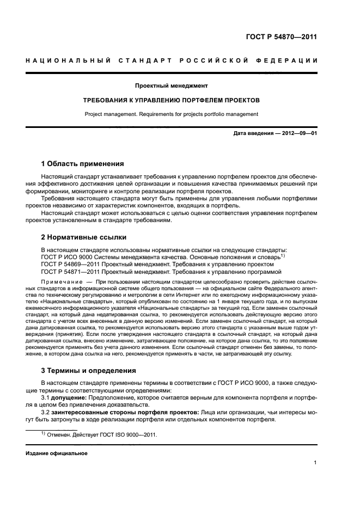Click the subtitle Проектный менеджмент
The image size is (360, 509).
[x=171, y=85]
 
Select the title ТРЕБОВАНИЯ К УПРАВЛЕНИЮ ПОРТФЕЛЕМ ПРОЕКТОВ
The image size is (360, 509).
[x=171, y=100]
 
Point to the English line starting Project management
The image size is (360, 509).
[x=171, y=114]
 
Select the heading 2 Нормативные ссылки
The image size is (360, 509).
[x=84, y=237]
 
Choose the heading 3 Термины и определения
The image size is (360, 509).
[x=88, y=371]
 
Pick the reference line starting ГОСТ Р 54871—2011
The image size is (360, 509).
[x=161, y=271]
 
